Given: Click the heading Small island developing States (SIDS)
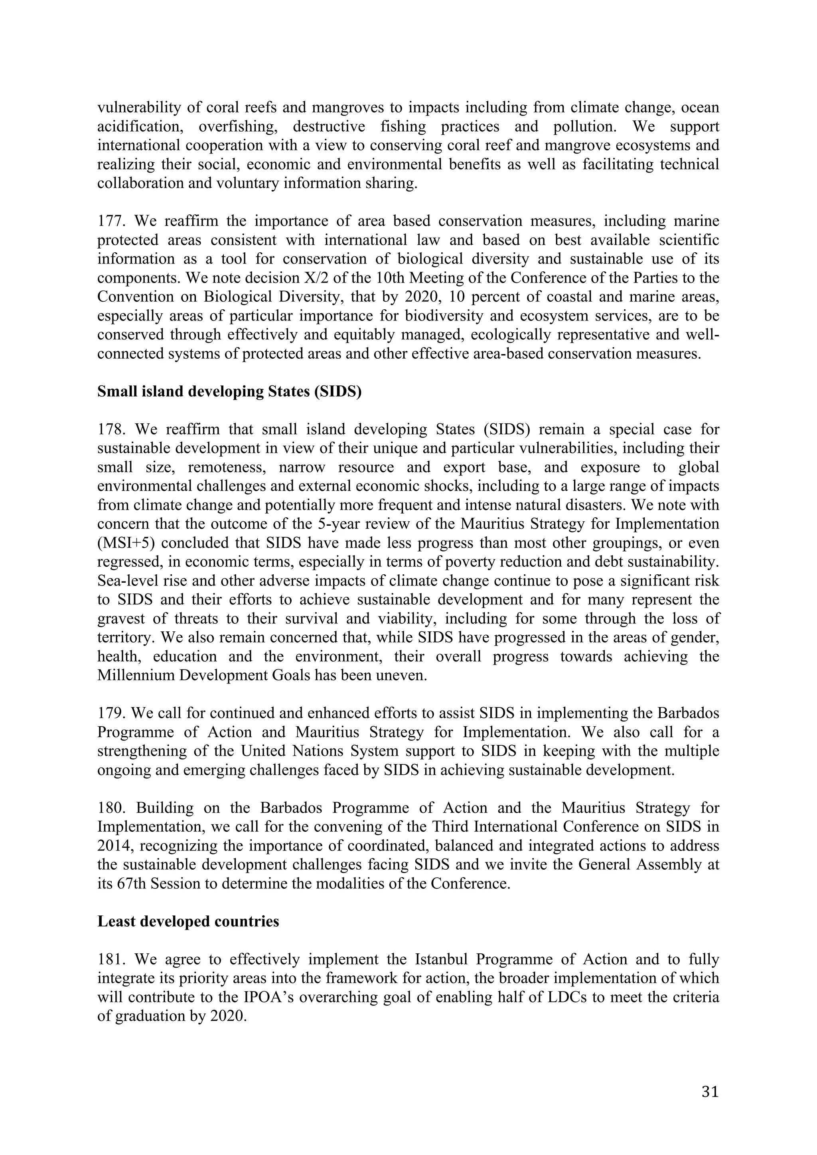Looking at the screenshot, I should coord(229,391).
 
